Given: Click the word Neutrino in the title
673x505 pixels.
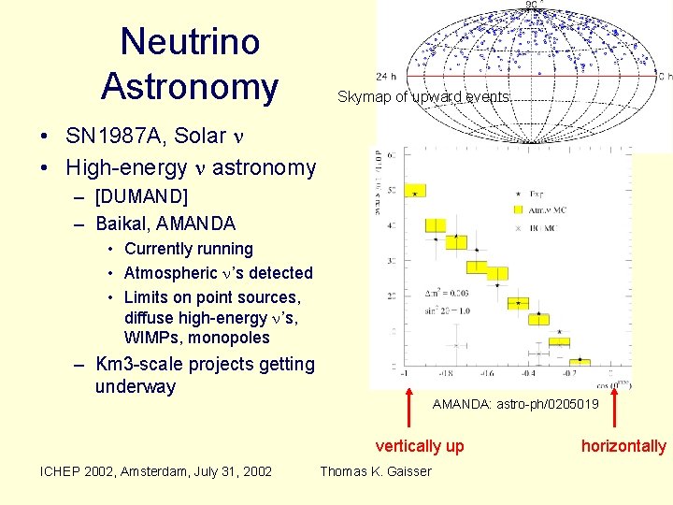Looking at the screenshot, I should pos(190,41).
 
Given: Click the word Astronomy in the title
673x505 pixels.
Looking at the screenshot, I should pos(190,86).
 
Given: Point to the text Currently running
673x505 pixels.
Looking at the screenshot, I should pos(188,249).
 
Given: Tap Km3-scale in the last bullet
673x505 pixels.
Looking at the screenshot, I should pos(134,364).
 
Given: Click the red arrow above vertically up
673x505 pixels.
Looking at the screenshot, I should pos(408,407).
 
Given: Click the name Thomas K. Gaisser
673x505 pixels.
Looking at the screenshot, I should pos(376,471).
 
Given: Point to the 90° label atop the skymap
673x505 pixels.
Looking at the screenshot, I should pos(531,6).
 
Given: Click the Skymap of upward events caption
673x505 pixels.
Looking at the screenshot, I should pos(423,96).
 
